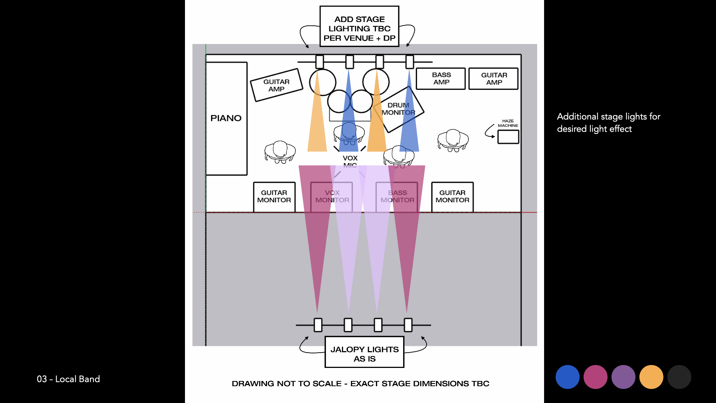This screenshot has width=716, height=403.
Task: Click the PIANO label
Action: click(226, 118)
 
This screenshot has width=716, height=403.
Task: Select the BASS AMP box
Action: click(441, 79)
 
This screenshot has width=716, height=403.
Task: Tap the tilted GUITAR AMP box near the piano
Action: click(276, 85)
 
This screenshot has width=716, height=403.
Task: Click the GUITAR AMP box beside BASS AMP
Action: click(494, 79)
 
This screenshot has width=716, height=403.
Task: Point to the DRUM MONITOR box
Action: click(398, 109)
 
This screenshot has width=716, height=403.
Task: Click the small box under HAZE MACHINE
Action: click(508, 137)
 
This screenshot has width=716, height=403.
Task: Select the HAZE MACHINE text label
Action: click(508, 123)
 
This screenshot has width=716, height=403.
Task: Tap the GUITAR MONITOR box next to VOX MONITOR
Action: click(274, 197)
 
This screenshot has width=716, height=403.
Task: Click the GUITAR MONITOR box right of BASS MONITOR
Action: click(452, 197)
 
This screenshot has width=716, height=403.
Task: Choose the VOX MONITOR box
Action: click(332, 197)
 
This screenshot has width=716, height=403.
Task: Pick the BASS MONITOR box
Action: click(397, 197)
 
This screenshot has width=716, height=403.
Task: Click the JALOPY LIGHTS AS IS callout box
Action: click(364, 352)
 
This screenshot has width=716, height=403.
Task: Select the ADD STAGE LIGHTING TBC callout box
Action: click(359, 26)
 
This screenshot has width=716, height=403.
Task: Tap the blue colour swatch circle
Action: click(567, 377)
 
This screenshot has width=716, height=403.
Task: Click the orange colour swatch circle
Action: click(651, 377)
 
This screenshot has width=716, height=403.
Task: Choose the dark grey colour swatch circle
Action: click(679, 377)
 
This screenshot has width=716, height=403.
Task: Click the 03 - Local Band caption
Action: click(68, 379)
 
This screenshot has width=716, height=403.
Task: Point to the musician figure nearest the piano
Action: click(280, 151)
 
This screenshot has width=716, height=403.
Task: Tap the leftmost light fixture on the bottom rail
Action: click(318, 325)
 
